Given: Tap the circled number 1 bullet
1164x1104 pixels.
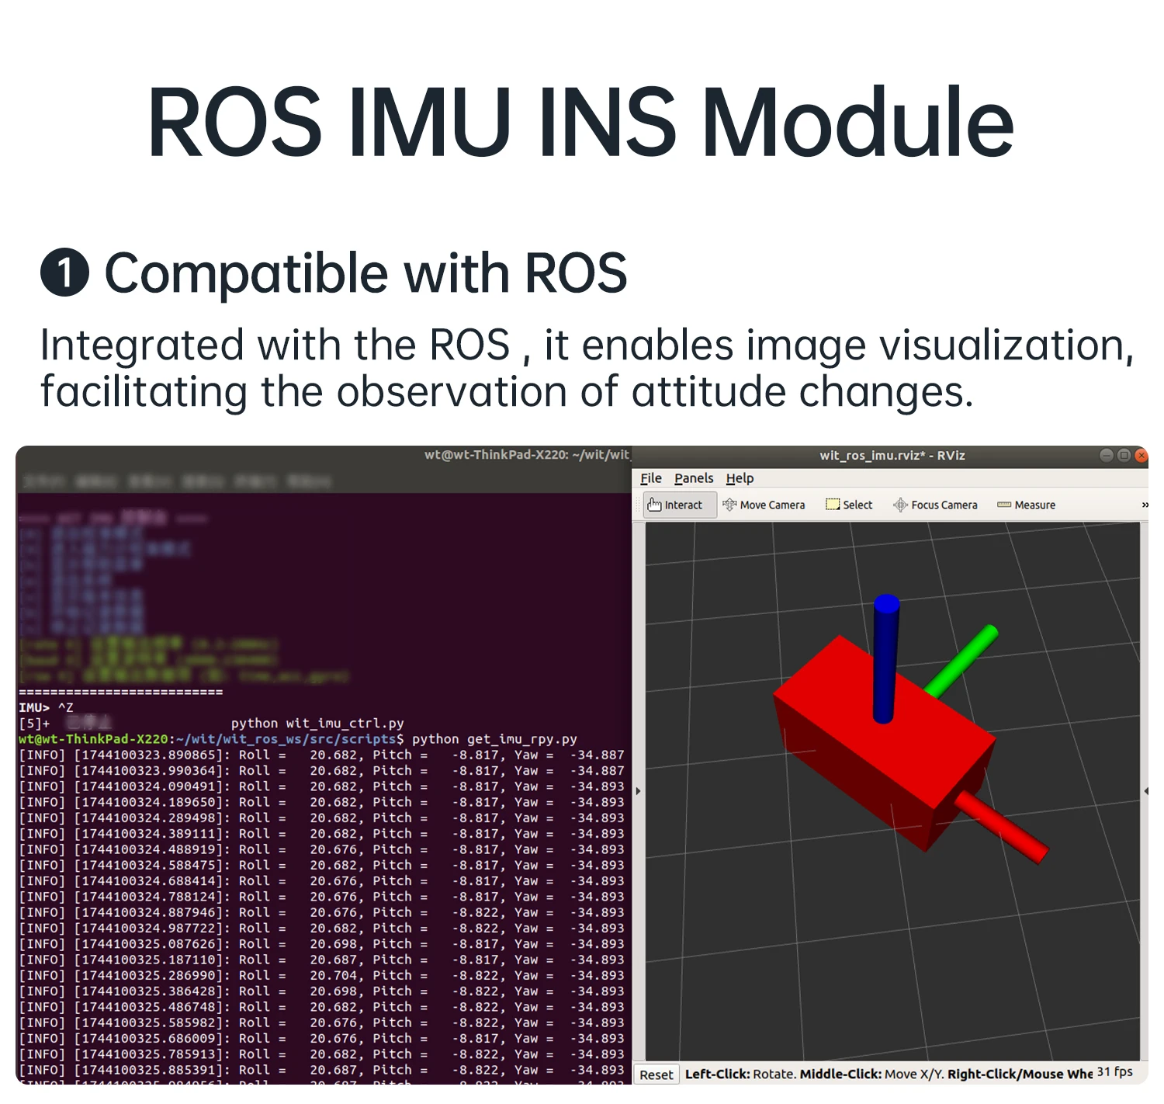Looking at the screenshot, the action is coord(64,273).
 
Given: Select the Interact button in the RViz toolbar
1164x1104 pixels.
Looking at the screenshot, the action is coord(675,505).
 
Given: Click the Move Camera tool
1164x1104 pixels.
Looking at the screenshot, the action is coord(764,505).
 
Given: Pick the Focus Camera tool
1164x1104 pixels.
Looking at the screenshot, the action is coord(935,505).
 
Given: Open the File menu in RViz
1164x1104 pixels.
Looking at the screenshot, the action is coord(650,478).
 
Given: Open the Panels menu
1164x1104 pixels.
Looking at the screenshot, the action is coord(693,478).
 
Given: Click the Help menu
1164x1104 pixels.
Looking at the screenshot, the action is coord(740,478).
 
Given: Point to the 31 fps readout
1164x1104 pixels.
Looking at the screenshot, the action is coord(1114,1072).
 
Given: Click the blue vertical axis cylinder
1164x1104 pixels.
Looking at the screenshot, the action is coord(885,660).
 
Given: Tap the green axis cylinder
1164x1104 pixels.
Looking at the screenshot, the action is coord(962,660).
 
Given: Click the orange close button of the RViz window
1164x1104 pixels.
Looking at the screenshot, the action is coord(1141,456).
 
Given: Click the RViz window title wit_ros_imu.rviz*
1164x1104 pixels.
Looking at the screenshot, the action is coord(892,456).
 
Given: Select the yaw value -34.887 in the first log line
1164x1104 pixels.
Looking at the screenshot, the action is coord(597,755).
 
